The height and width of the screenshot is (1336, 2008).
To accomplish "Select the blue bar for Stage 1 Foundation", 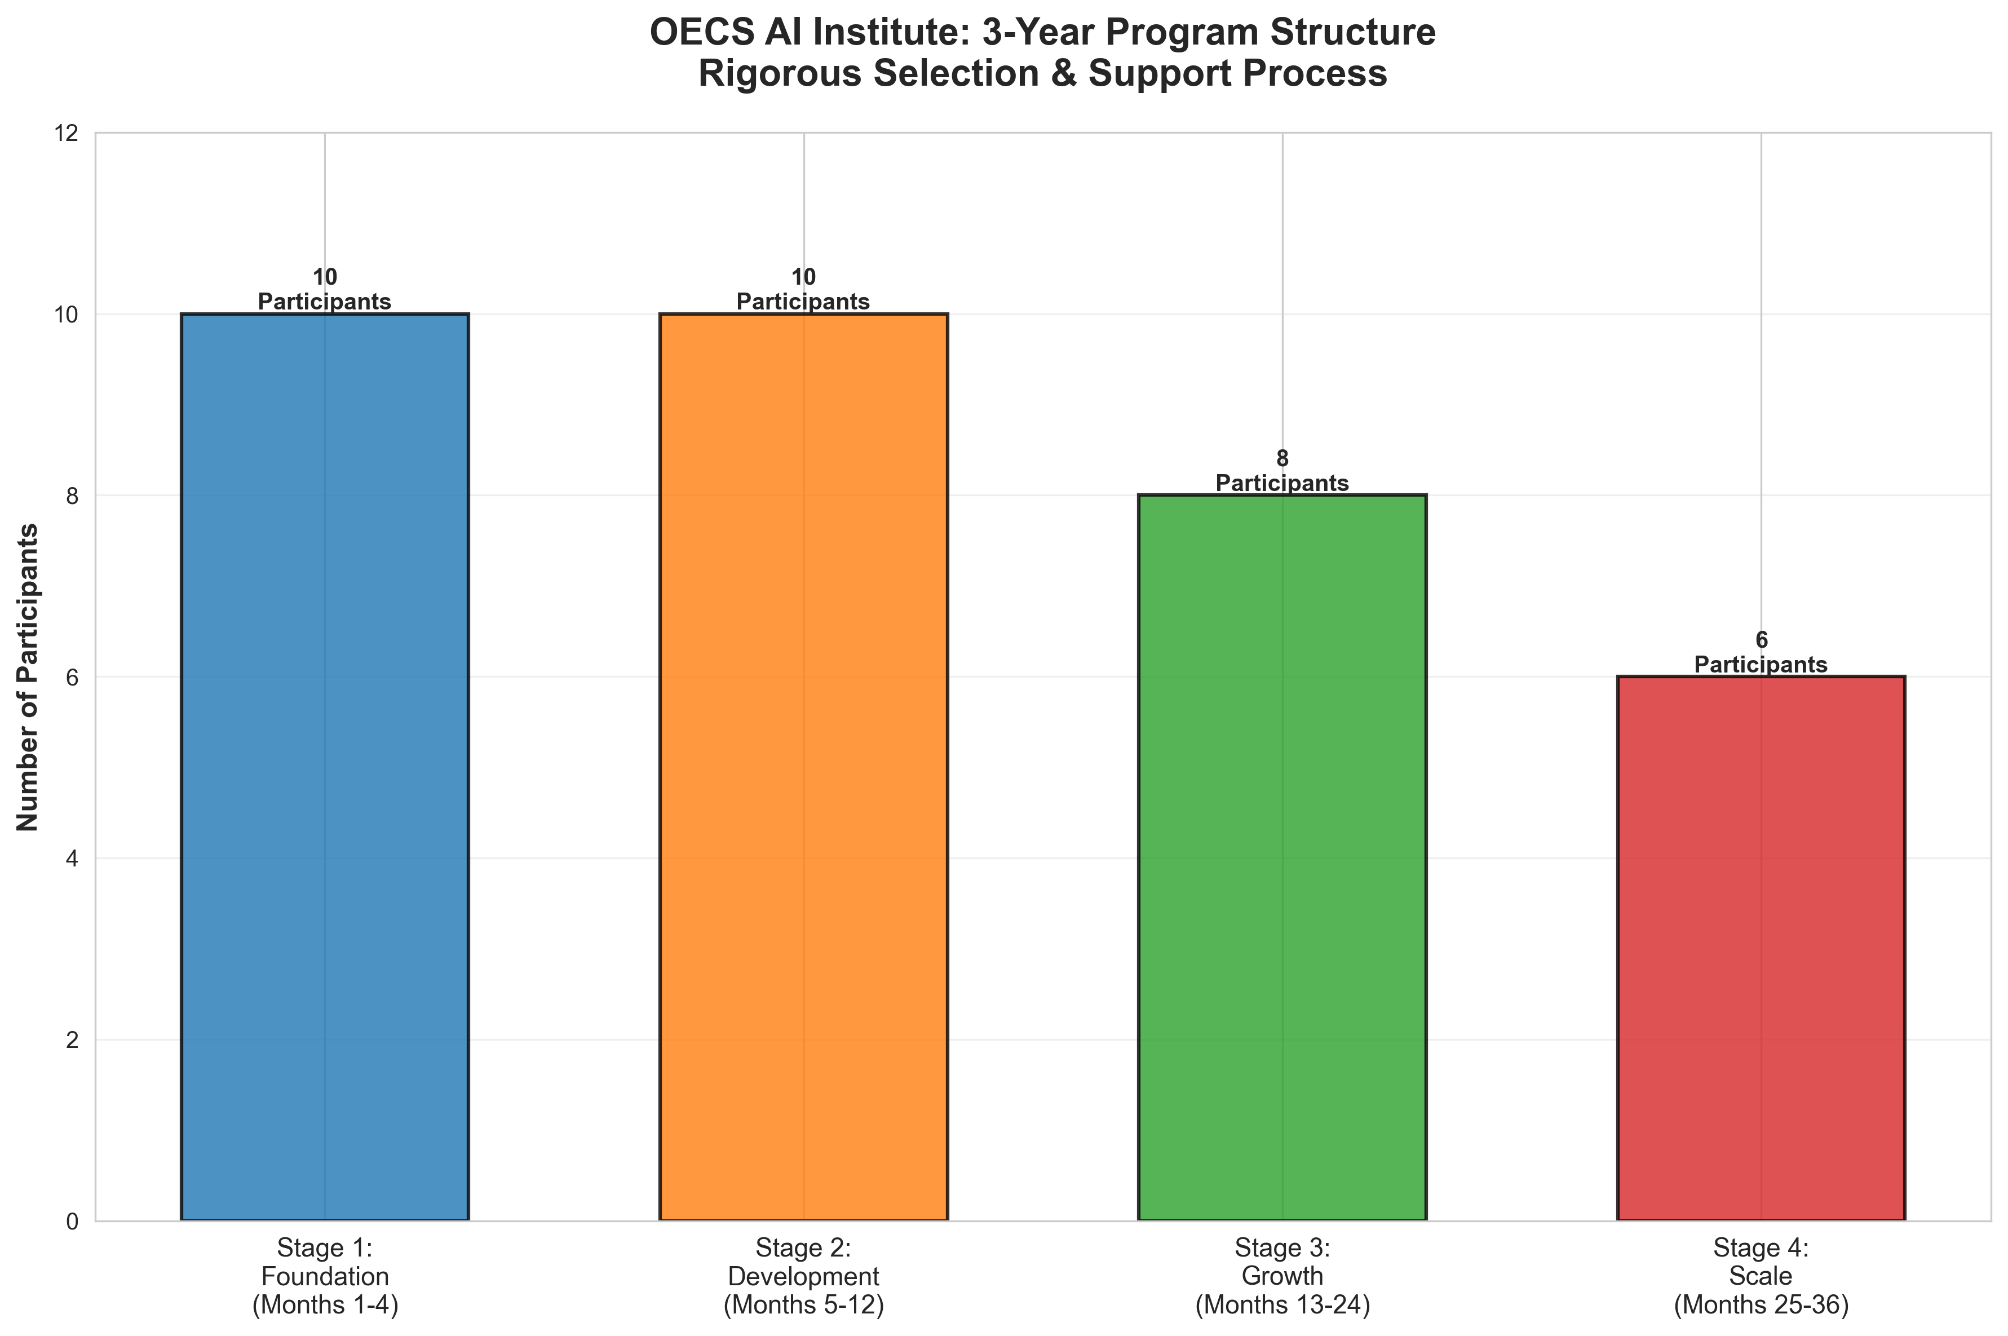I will point(325,767).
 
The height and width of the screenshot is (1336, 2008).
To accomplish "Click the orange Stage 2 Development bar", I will point(803,767).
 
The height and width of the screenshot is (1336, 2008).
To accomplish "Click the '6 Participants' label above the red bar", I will point(1761,653).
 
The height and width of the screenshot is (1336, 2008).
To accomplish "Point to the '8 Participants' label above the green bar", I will point(1282,471).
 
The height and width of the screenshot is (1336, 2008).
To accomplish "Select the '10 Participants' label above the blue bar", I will point(325,290).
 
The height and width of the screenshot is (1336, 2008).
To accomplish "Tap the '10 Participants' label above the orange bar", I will point(803,290).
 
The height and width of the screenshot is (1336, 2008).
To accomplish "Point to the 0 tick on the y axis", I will point(72,1222).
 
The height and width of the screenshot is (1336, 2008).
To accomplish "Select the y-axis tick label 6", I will point(72,678).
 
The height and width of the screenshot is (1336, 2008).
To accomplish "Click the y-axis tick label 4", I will point(72,859).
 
